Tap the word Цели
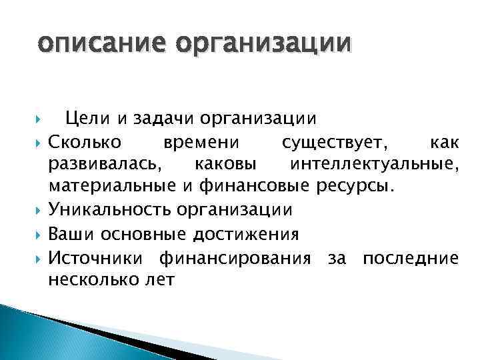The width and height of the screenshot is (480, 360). (84, 119)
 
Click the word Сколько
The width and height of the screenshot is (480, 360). (84, 141)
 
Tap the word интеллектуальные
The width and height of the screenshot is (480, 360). (373, 164)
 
